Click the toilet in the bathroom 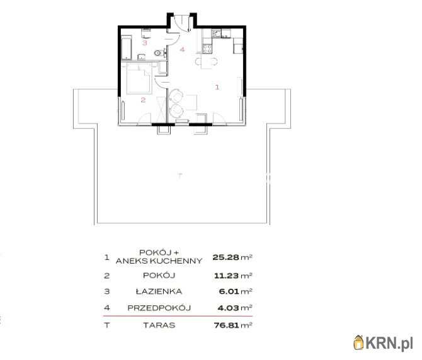click(x=159, y=52)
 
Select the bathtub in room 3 click(x=126, y=48)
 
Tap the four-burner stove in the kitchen click(x=207, y=49)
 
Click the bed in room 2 click(x=139, y=78)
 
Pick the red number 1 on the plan click(x=217, y=87)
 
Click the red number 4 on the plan click(x=182, y=49)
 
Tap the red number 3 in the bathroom click(x=145, y=43)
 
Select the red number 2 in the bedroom click(x=143, y=100)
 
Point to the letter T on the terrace click(x=180, y=176)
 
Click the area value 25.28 click(x=226, y=257)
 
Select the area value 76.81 click(x=226, y=325)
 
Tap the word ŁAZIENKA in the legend click(x=159, y=291)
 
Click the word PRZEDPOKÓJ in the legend click(x=159, y=308)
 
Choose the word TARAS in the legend click(x=159, y=325)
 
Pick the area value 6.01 click(x=229, y=291)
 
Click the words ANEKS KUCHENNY click(x=159, y=261)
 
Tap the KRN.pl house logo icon click(x=359, y=342)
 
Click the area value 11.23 click(x=226, y=276)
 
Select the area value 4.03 click(x=228, y=308)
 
